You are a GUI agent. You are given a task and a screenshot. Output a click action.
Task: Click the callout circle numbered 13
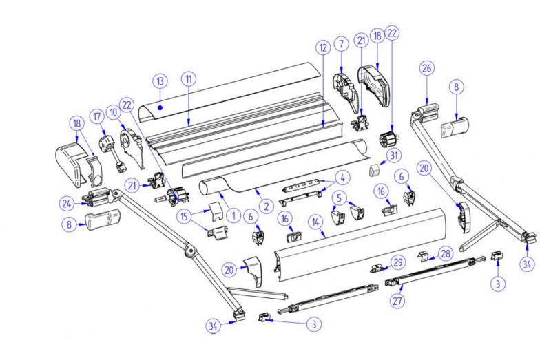(x=160, y=81)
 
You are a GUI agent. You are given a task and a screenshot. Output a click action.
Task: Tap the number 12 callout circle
(x=323, y=47)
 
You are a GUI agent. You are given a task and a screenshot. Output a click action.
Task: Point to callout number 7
(x=342, y=44)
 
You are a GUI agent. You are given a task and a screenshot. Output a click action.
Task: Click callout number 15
(x=184, y=216)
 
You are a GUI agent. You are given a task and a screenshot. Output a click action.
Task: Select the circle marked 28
(x=446, y=253)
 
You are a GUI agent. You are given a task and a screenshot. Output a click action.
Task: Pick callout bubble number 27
(x=399, y=301)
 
